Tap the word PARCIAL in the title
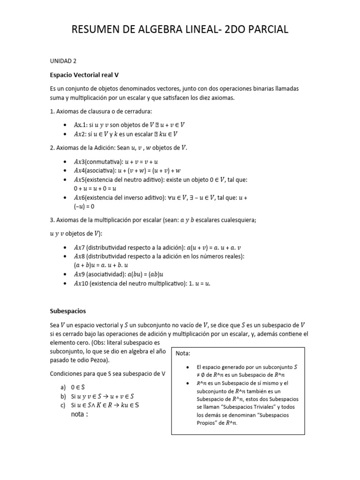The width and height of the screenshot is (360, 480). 264,30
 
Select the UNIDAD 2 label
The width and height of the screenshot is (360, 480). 63,61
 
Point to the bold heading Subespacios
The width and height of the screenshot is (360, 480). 68,311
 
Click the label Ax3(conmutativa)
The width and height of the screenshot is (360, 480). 97,161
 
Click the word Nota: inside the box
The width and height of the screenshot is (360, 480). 183,353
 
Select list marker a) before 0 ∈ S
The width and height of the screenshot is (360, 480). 62,388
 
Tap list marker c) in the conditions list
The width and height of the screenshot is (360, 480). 62,405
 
